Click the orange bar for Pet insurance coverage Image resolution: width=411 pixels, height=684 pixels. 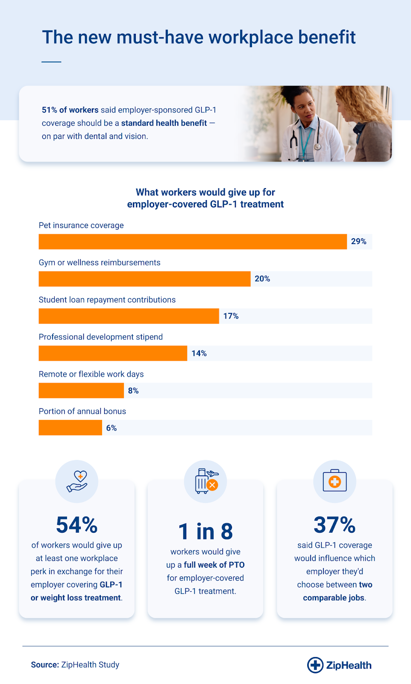point(192,242)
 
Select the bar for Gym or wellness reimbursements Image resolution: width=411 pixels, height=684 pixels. point(144,279)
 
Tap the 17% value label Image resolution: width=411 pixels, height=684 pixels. point(231,316)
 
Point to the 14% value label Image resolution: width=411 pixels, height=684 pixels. point(199,353)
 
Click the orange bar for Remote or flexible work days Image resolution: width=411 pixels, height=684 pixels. point(81,390)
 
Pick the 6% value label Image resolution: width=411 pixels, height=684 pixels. point(112,427)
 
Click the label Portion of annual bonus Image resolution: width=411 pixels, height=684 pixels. point(82,411)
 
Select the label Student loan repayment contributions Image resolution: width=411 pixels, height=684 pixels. point(107,300)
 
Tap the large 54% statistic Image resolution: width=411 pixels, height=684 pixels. point(77,525)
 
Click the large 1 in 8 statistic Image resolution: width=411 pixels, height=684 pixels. point(205,531)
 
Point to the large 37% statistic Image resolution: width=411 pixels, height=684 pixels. point(335,525)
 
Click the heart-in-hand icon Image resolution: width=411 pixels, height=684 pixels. point(77,481)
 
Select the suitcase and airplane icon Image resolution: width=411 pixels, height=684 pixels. point(206,481)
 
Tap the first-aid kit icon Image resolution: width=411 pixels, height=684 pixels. point(335,481)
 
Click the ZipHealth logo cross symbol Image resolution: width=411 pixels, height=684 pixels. point(315,665)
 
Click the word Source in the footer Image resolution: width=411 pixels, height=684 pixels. point(45,665)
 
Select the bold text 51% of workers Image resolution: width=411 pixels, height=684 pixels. point(70,110)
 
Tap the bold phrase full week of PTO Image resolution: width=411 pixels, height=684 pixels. point(214,565)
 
